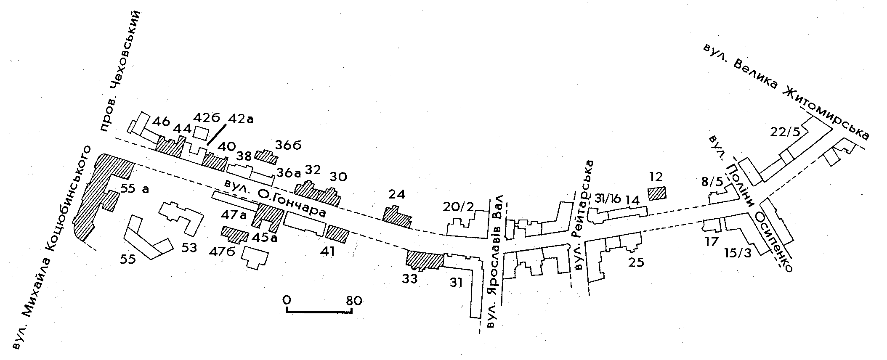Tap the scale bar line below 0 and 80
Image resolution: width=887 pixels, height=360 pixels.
(x=319, y=312)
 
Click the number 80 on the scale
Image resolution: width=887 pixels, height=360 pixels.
(x=353, y=301)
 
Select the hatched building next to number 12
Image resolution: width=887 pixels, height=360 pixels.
(x=657, y=193)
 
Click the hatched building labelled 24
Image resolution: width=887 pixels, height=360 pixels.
(x=396, y=216)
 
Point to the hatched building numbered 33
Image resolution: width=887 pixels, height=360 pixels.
(x=424, y=259)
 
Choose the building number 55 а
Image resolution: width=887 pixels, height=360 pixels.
(x=135, y=189)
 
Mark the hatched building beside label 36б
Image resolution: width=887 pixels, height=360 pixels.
(x=266, y=157)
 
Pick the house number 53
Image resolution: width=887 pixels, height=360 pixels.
(x=189, y=248)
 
